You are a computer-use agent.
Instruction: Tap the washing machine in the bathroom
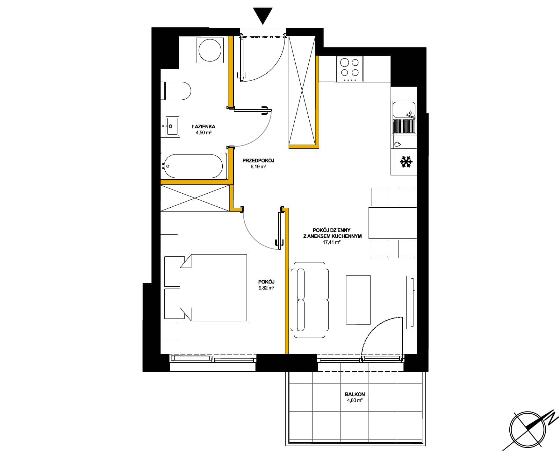(x=210, y=50)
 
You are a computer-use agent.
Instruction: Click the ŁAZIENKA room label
(x=204, y=126)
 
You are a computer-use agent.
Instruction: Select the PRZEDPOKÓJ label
(x=258, y=161)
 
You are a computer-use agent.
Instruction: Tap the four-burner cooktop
(x=350, y=69)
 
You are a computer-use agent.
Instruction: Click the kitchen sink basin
(x=404, y=110)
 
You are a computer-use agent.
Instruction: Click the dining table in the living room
(x=393, y=223)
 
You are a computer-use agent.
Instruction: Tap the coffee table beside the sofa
(x=358, y=300)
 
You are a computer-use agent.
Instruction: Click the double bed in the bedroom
(x=206, y=288)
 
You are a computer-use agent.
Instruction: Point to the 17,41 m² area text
(x=332, y=242)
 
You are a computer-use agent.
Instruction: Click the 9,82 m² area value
(x=267, y=288)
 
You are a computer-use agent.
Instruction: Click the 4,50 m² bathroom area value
(x=204, y=132)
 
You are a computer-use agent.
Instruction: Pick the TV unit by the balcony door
(x=412, y=302)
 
